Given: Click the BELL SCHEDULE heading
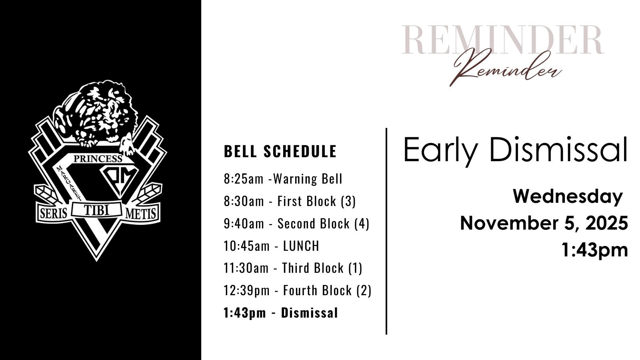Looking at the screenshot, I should [280, 152].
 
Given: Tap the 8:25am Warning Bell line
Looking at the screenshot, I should [283, 179].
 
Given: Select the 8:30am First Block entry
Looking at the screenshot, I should [290, 201].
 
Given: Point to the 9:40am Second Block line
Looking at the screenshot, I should [296, 224].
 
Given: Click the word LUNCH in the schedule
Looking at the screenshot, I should [301, 246].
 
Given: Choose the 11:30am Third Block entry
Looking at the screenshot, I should [293, 268].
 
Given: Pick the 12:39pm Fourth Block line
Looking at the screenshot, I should [298, 290].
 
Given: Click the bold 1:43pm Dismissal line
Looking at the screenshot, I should [281, 313].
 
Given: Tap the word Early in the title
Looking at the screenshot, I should [440, 150].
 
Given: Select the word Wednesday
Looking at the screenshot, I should [568, 196].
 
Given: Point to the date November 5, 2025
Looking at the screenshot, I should [544, 223].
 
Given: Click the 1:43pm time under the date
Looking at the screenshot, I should [594, 250].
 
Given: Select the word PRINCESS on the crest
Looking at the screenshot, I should [98, 159].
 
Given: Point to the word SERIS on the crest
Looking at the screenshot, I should [53, 213].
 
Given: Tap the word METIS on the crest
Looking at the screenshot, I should [140, 214].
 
